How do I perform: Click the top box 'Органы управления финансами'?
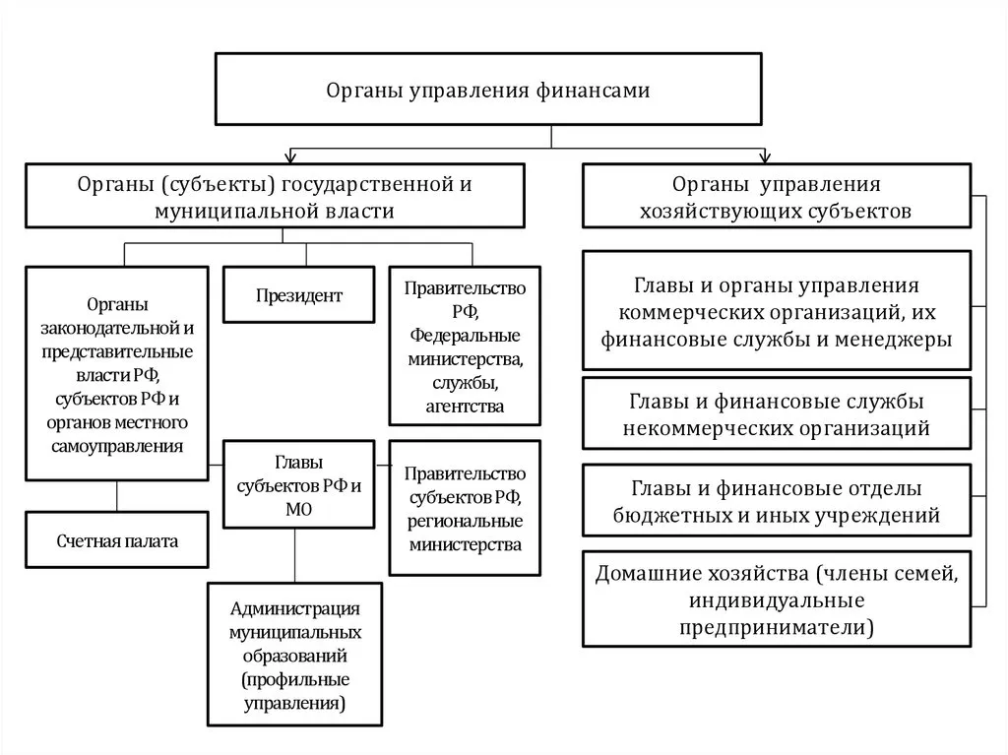(488, 89)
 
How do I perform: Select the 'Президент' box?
(298, 294)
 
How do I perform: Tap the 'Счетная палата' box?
(117, 540)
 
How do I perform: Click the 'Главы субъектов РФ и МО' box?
(299, 483)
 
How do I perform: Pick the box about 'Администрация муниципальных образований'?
(294, 655)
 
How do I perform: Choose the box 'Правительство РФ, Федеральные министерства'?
(466, 346)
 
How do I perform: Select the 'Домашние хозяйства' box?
(776, 599)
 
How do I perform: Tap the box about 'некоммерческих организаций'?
(776, 414)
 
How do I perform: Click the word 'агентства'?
(466, 406)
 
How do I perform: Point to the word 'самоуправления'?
(116, 446)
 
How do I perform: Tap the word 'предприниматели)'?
(776, 627)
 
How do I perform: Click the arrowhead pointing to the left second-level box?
(289, 157)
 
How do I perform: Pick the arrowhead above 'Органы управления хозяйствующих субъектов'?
(764, 157)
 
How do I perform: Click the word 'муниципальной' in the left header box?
(214, 211)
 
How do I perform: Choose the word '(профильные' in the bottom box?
(294, 679)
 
